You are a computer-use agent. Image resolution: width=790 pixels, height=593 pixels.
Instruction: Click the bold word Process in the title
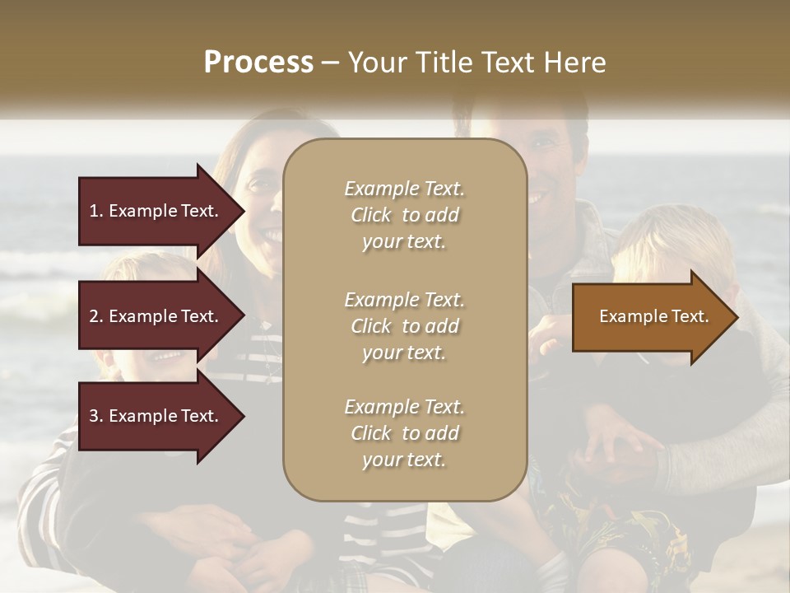pyautogui.click(x=258, y=62)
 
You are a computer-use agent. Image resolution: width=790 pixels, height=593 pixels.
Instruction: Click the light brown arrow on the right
pyautogui.click(x=650, y=317)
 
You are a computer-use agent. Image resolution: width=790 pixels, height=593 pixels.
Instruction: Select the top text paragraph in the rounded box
pyautogui.click(x=404, y=215)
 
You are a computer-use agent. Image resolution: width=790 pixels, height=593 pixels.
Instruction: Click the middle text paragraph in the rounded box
pyautogui.click(x=404, y=326)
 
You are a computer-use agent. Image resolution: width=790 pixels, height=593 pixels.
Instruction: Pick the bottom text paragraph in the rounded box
pyautogui.click(x=404, y=433)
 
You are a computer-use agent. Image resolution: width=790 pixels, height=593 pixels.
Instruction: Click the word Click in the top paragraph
pyautogui.click(x=371, y=216)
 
